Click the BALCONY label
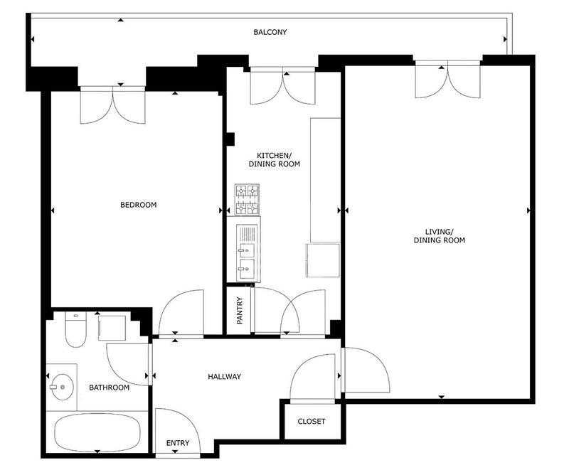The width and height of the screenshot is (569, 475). point(270,33)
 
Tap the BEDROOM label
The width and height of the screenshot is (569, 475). point(138,205)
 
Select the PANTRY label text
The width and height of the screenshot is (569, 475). point(240,310)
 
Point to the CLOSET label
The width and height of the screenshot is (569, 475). point(311,422)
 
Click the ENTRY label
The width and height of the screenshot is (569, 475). point(178,444)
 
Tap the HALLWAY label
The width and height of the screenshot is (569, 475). point(225,377)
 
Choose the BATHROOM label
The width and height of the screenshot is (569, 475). point(109,388)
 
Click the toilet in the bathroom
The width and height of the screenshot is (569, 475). point(74,329)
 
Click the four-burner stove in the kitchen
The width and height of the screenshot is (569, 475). point(247,201)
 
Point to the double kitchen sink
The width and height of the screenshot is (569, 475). point(247,259)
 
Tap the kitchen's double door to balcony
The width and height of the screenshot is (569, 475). point(282,87)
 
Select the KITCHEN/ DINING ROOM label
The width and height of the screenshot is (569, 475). point(274,159)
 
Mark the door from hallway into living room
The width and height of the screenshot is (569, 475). point(364,370)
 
